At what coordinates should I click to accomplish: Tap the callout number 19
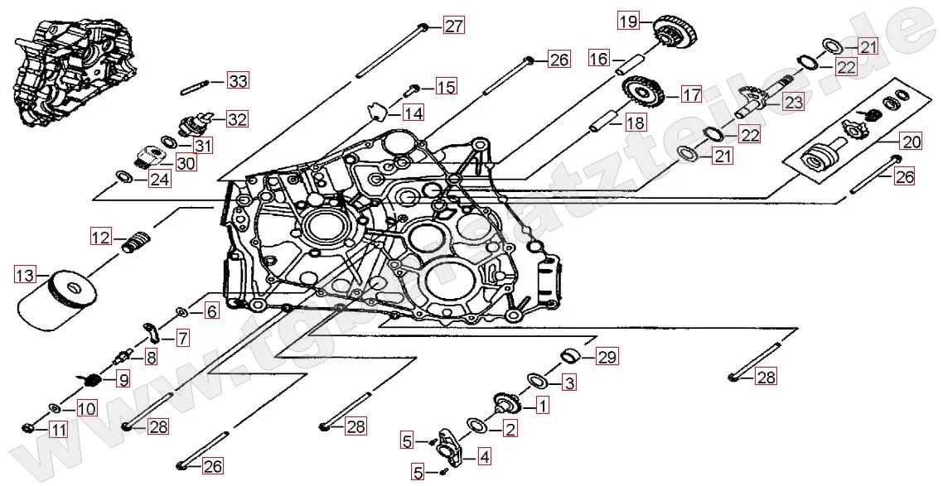pos(628,22)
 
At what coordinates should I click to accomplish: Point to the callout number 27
pos(453,26)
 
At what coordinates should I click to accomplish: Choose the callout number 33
pos(238,81)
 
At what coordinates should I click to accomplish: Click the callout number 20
pos(912,142)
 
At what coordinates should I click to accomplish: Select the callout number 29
pos(608,358)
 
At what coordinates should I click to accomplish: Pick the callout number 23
pos(794,103)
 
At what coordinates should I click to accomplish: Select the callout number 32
pos(237,119)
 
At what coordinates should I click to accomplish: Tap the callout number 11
pos(57,430)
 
